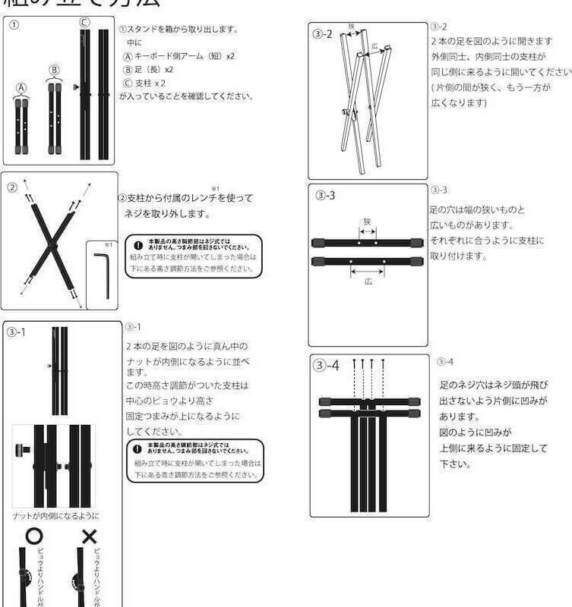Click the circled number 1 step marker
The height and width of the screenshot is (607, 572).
click(x=14, y=24)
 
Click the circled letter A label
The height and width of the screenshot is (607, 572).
click(x=22, y=87)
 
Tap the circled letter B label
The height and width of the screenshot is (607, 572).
click(x=54, y=70)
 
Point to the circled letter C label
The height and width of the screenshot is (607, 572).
click(x=84, y=21)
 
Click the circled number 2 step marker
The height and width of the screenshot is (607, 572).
click(x=13, y=187)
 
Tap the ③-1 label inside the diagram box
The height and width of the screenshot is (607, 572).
click(x=20, y=333)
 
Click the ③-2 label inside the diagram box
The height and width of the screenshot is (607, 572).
click(x=323, y=34)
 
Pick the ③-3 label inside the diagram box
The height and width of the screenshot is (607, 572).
click(x=325, y=196)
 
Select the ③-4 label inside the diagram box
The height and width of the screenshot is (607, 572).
click(x=327, y=366)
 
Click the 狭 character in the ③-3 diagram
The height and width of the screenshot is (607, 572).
click(x=367, y=222)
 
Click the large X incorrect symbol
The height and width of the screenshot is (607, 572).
click(x=90, y=537)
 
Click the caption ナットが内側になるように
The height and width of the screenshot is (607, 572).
click(x=55, y=516)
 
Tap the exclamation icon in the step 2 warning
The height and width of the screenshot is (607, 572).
click(x=137, y=246)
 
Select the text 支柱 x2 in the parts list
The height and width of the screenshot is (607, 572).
click(x=144, y=83)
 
